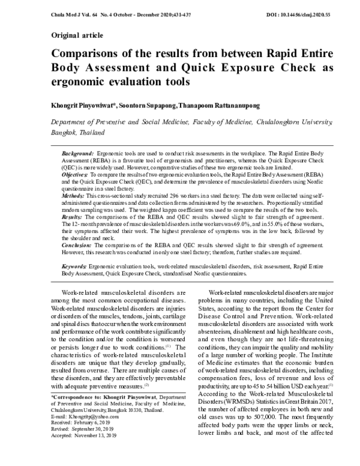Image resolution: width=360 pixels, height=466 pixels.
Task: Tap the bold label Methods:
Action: pyautogui.click(x=74, y=196)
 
